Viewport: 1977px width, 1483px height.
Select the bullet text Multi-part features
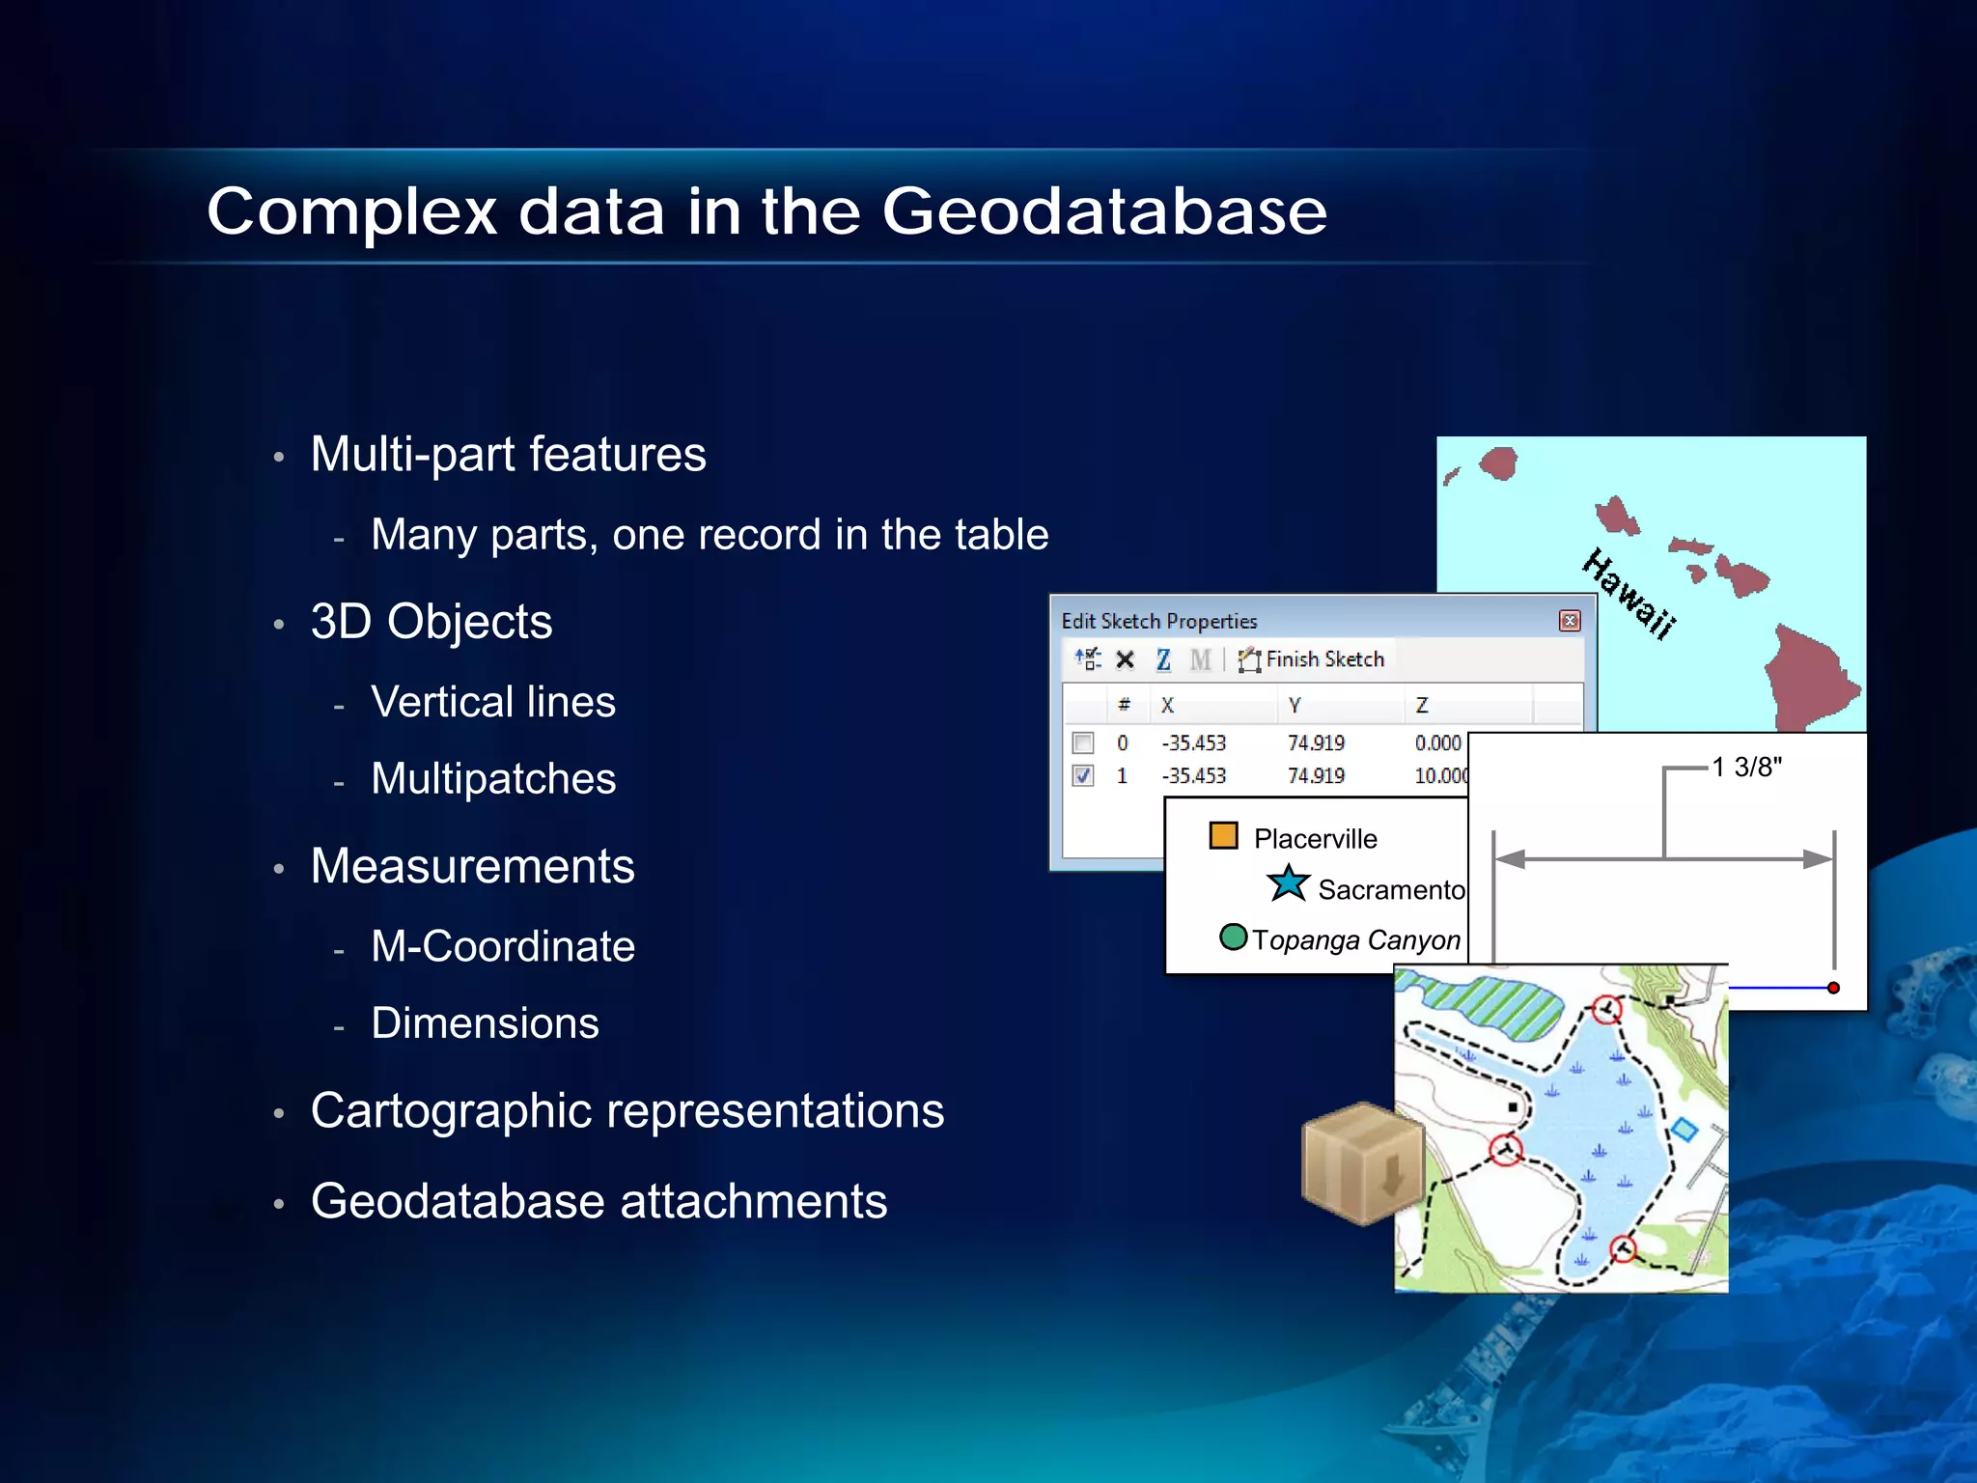click(x=508, y=455)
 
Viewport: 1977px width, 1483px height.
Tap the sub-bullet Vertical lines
click(x=492, y=702)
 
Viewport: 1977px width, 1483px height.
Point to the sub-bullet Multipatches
click(x=492, y=779)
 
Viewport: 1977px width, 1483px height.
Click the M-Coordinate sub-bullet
click(x=502, y=946)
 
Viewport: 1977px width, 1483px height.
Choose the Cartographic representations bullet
click(x=627, y=1110)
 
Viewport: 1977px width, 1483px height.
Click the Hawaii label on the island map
click(x=1629, y=593)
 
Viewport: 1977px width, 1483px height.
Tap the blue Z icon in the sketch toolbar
click(x=1163, y=659)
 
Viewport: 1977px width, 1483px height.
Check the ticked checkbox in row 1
click(x=1083, y=775)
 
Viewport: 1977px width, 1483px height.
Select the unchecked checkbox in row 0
click(x=1083, y=742)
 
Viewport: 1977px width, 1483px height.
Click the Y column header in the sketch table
click(x=1295, y=706)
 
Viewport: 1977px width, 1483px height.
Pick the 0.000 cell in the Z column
click(x=1437, y=742)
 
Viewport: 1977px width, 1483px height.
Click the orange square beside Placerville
click(x=1223, y=835)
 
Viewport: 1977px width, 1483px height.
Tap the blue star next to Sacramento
click(x=1288, y=883)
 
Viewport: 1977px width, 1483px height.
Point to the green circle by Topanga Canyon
click(x=1233, y=937)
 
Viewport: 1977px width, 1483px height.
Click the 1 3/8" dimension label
click(x=1746, y=768)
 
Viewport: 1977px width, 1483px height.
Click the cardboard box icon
click(x=1361, y=1163)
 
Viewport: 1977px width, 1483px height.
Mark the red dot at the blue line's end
click(x=1833, y=988)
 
